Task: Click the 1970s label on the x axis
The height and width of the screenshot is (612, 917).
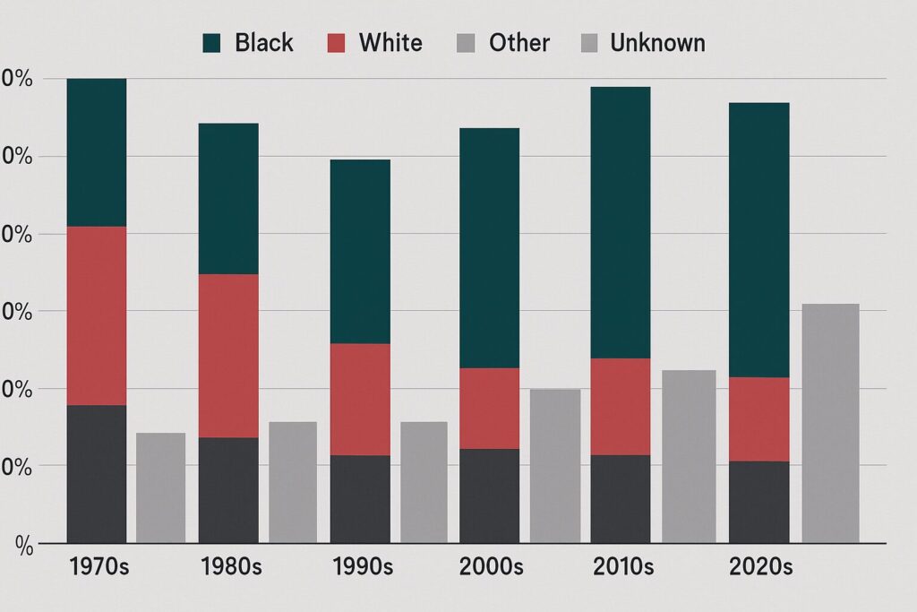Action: click(x=99, y=567)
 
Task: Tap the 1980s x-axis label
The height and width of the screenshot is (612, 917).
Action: click(x=232, y=567)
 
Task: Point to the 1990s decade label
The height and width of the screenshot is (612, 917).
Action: click(x=362, y=567)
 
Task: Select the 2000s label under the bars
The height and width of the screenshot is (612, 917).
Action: click(x=493, y=567)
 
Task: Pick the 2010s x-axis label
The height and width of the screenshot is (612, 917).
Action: click(x=623, y=567)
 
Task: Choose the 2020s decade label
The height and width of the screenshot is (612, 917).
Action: click(x=761, y=567)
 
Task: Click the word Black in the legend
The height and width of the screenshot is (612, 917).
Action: click(x=263, y=42)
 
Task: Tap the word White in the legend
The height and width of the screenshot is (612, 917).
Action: click(x=390, y=42)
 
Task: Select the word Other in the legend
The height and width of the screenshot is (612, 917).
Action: click(x=519, y=42)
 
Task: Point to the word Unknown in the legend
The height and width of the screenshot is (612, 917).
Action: click(x=657, y=42)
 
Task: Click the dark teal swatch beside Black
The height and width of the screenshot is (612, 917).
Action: click(x=212, y=42)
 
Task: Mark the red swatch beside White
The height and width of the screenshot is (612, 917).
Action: click(x=335, y=42)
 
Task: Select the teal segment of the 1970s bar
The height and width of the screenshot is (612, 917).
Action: click(x=97, y=152)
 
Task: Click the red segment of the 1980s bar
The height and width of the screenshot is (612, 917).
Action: click(x=228, y=356)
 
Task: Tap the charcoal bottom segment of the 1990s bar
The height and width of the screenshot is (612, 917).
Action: click(x=360, y=498)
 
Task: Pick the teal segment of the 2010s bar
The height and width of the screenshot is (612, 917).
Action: click(x=621, y=222)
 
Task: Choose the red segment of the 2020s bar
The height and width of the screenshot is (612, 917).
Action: click(x=758, y=419)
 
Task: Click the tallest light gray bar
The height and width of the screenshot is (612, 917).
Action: click(x=830, y=423)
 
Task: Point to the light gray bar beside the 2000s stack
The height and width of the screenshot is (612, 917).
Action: click(x=555, y=466)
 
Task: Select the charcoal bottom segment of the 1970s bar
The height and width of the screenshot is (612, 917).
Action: click(x=97, y=473)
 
